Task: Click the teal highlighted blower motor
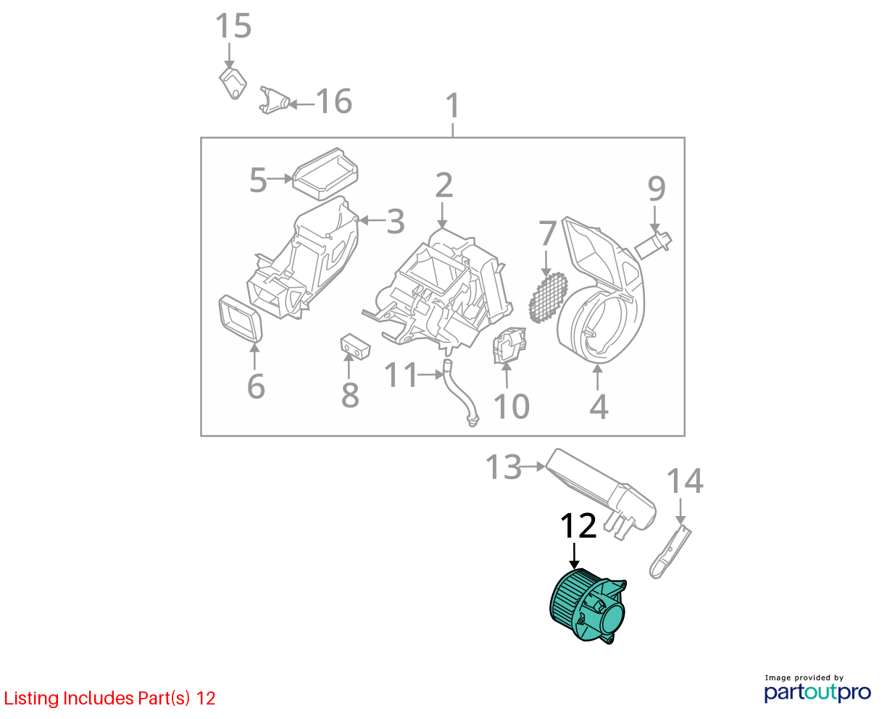point(587,606)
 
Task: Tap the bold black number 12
point(578,525)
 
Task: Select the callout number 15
point(233,26)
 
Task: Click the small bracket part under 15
point(233,84)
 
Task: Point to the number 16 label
point(334,101)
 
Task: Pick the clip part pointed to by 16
point(275,101)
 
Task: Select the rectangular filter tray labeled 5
point(325,174)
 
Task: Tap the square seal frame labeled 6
point(241,319)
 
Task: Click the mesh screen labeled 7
point(548,297)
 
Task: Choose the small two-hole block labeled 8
point(355,346)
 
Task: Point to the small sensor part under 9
point(653,246)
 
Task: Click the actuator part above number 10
point(509,345)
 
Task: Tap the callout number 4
point(599,407)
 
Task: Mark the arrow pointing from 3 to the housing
point(372,220)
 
